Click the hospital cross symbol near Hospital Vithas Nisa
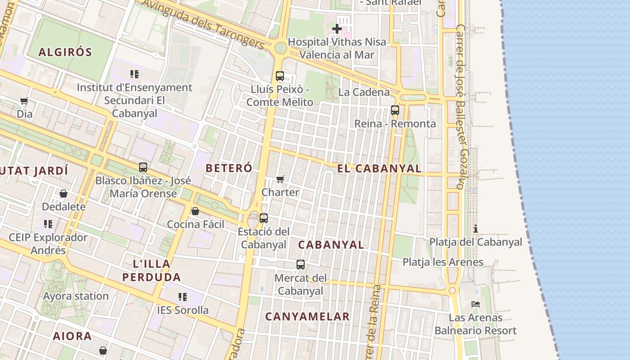pos(337,29)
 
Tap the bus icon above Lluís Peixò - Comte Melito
pos(280,76)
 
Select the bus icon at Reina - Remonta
pos(395,110)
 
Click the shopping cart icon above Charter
pos(280,179)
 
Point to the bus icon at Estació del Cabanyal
pos(264,218)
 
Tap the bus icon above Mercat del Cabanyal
pos(301,265)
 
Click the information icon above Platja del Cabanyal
pos(476,229)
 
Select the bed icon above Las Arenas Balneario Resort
pos(476,304)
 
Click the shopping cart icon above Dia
pos(24,101)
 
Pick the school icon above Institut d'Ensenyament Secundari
pos(134,74)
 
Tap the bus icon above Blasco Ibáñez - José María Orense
pos(143,167)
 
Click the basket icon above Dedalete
pos(63,193)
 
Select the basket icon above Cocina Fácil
pos(195,211)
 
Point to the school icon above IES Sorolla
pos(183,297)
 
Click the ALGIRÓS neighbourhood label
pos(65,52)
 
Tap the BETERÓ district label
pos(229,168)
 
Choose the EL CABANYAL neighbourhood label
pos(379,169)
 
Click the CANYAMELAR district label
pos(307,316)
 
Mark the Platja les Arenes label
pos(443,262)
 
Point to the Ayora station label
pos(76,296)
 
